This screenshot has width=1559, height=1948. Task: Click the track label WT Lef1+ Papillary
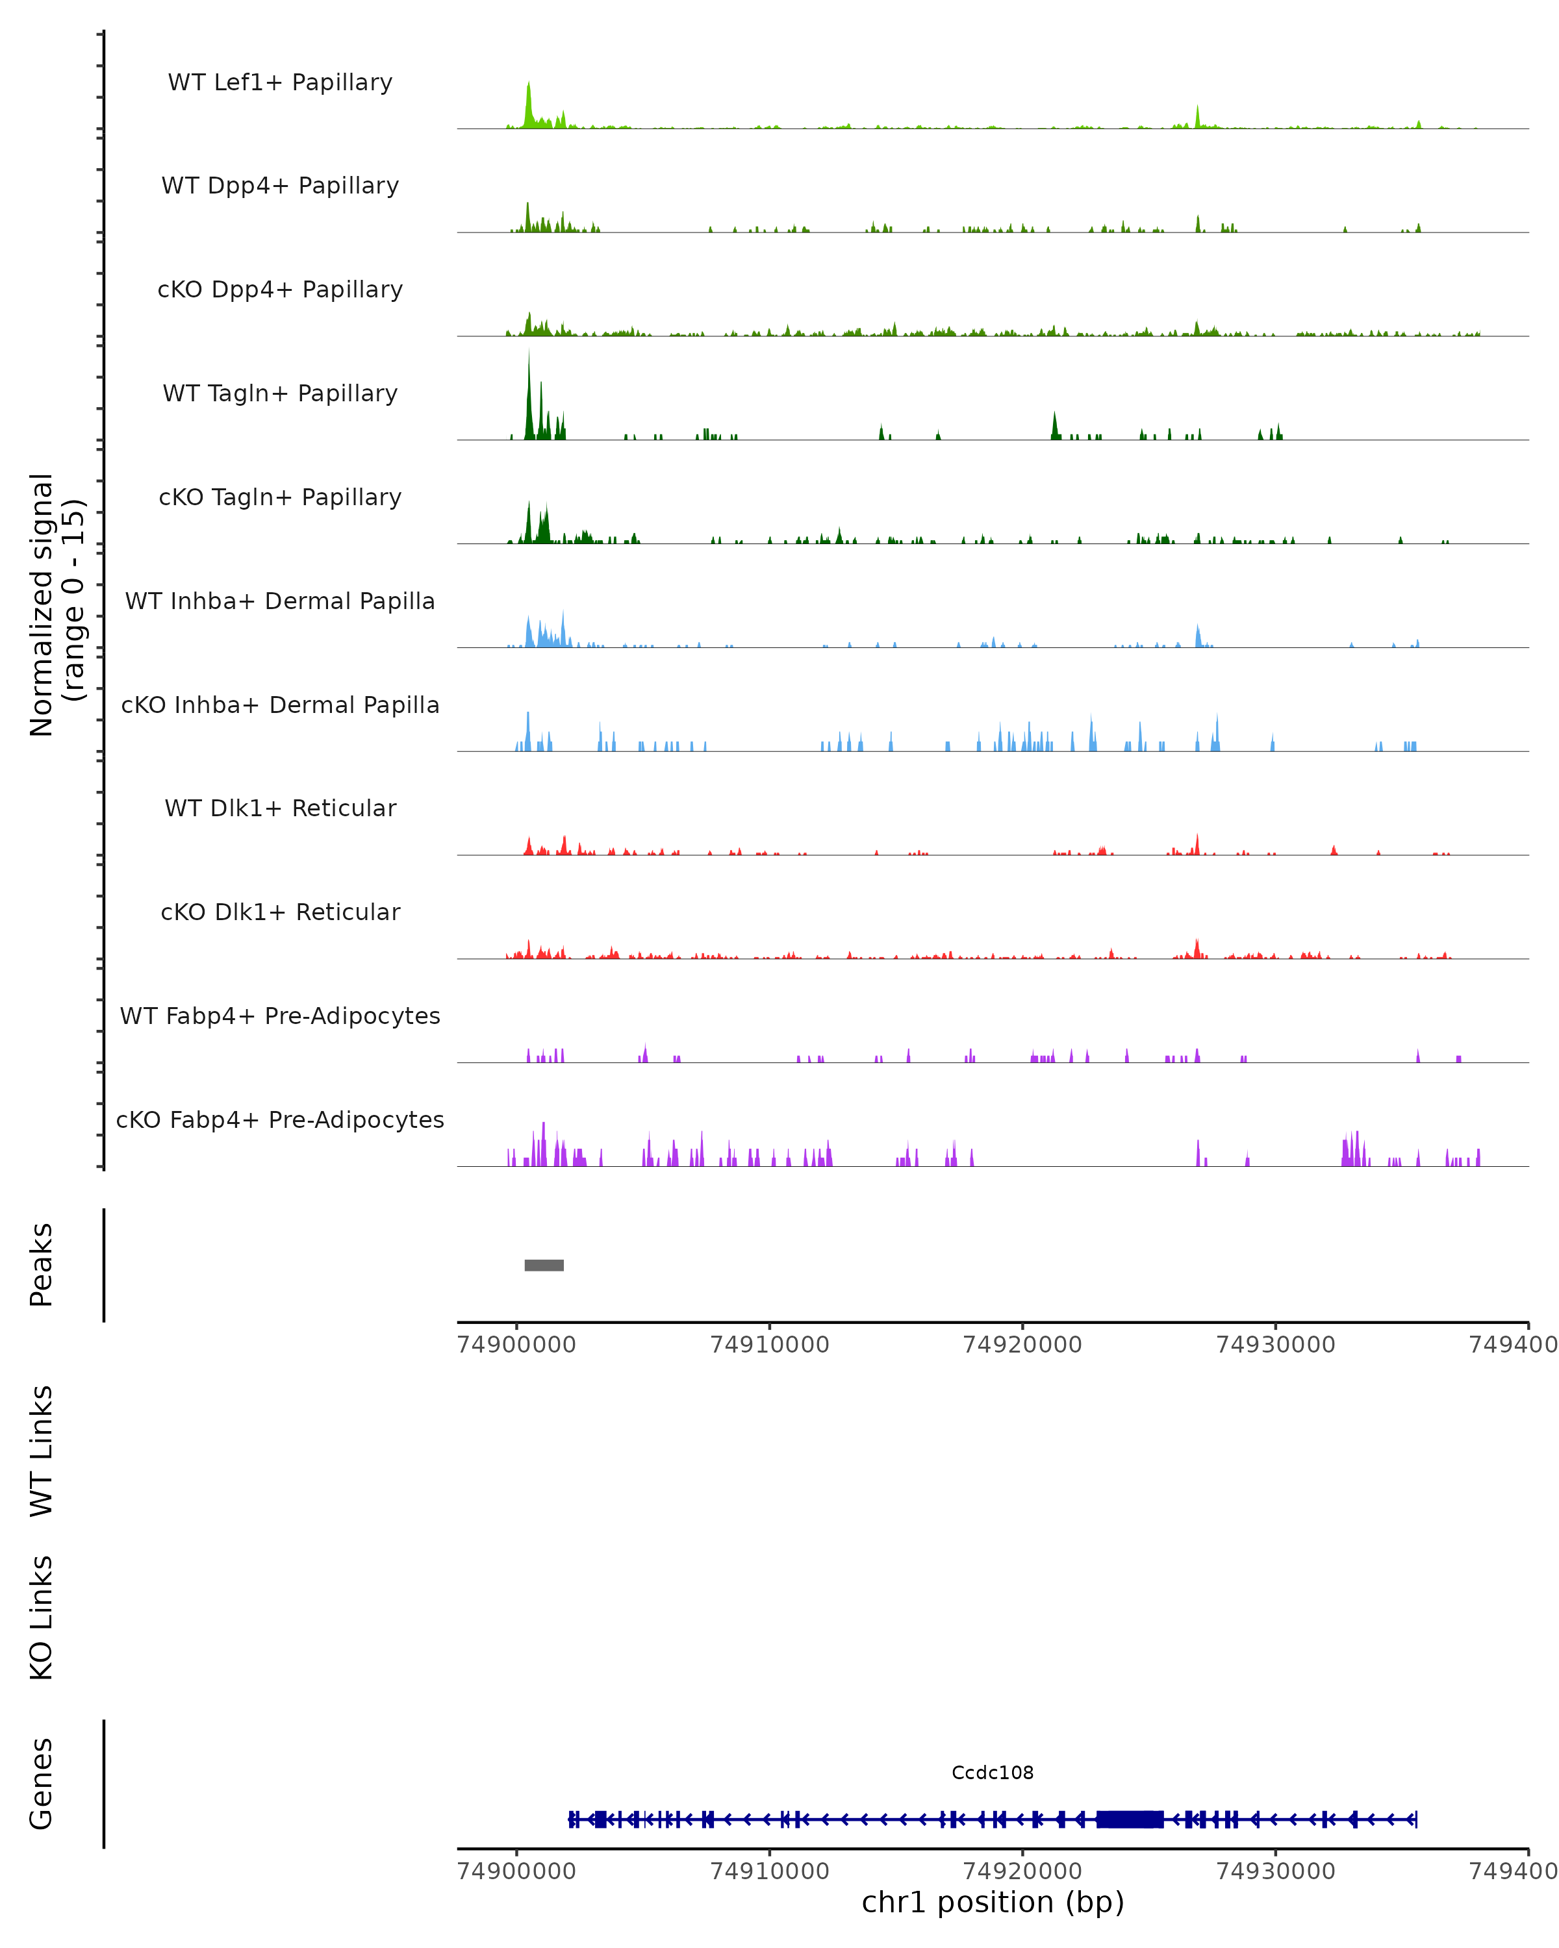coord(280,82)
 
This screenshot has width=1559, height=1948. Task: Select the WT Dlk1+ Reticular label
coord(280,808)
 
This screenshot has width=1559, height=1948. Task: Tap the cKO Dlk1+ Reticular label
coord(280,912)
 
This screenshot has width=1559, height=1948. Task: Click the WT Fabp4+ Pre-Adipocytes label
coord(280,1016)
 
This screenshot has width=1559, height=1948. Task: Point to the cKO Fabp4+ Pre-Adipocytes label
coord(280,1119)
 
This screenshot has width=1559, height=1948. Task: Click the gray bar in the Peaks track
coord(544,1265)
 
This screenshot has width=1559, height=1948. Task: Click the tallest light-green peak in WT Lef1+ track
coord(529,99)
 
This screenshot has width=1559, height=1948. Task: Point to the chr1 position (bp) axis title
coord(993,1902)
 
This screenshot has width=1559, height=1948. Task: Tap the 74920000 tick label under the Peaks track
coord(1022,1345)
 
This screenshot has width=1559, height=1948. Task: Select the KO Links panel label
coord(42,1617)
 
